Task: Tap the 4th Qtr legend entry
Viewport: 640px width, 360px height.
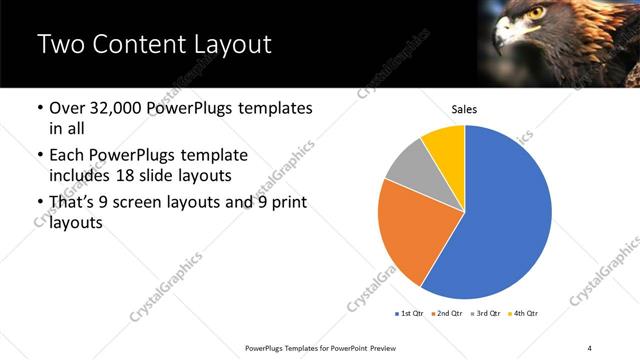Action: tap(524, 314)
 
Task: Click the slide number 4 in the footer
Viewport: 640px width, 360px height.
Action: tap(589, 347)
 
